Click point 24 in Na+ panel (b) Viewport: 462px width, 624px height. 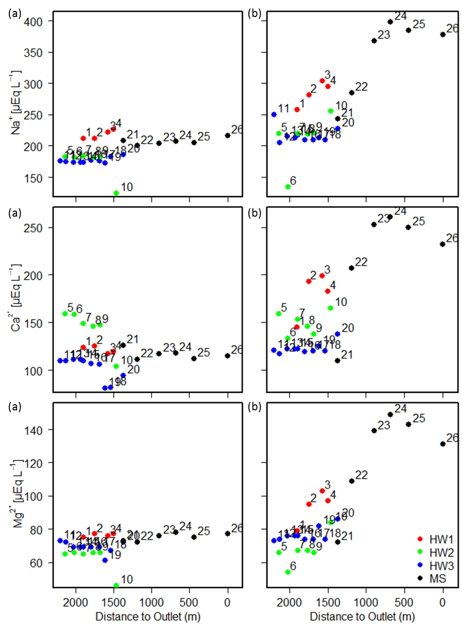tap(390, 22)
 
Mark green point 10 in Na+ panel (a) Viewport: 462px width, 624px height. tap(116, 193)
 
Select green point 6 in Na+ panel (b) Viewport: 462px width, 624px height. tap(288, 187)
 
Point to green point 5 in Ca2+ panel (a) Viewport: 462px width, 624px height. tap(65, 314)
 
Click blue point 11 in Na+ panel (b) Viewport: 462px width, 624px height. tap(273, 115)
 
